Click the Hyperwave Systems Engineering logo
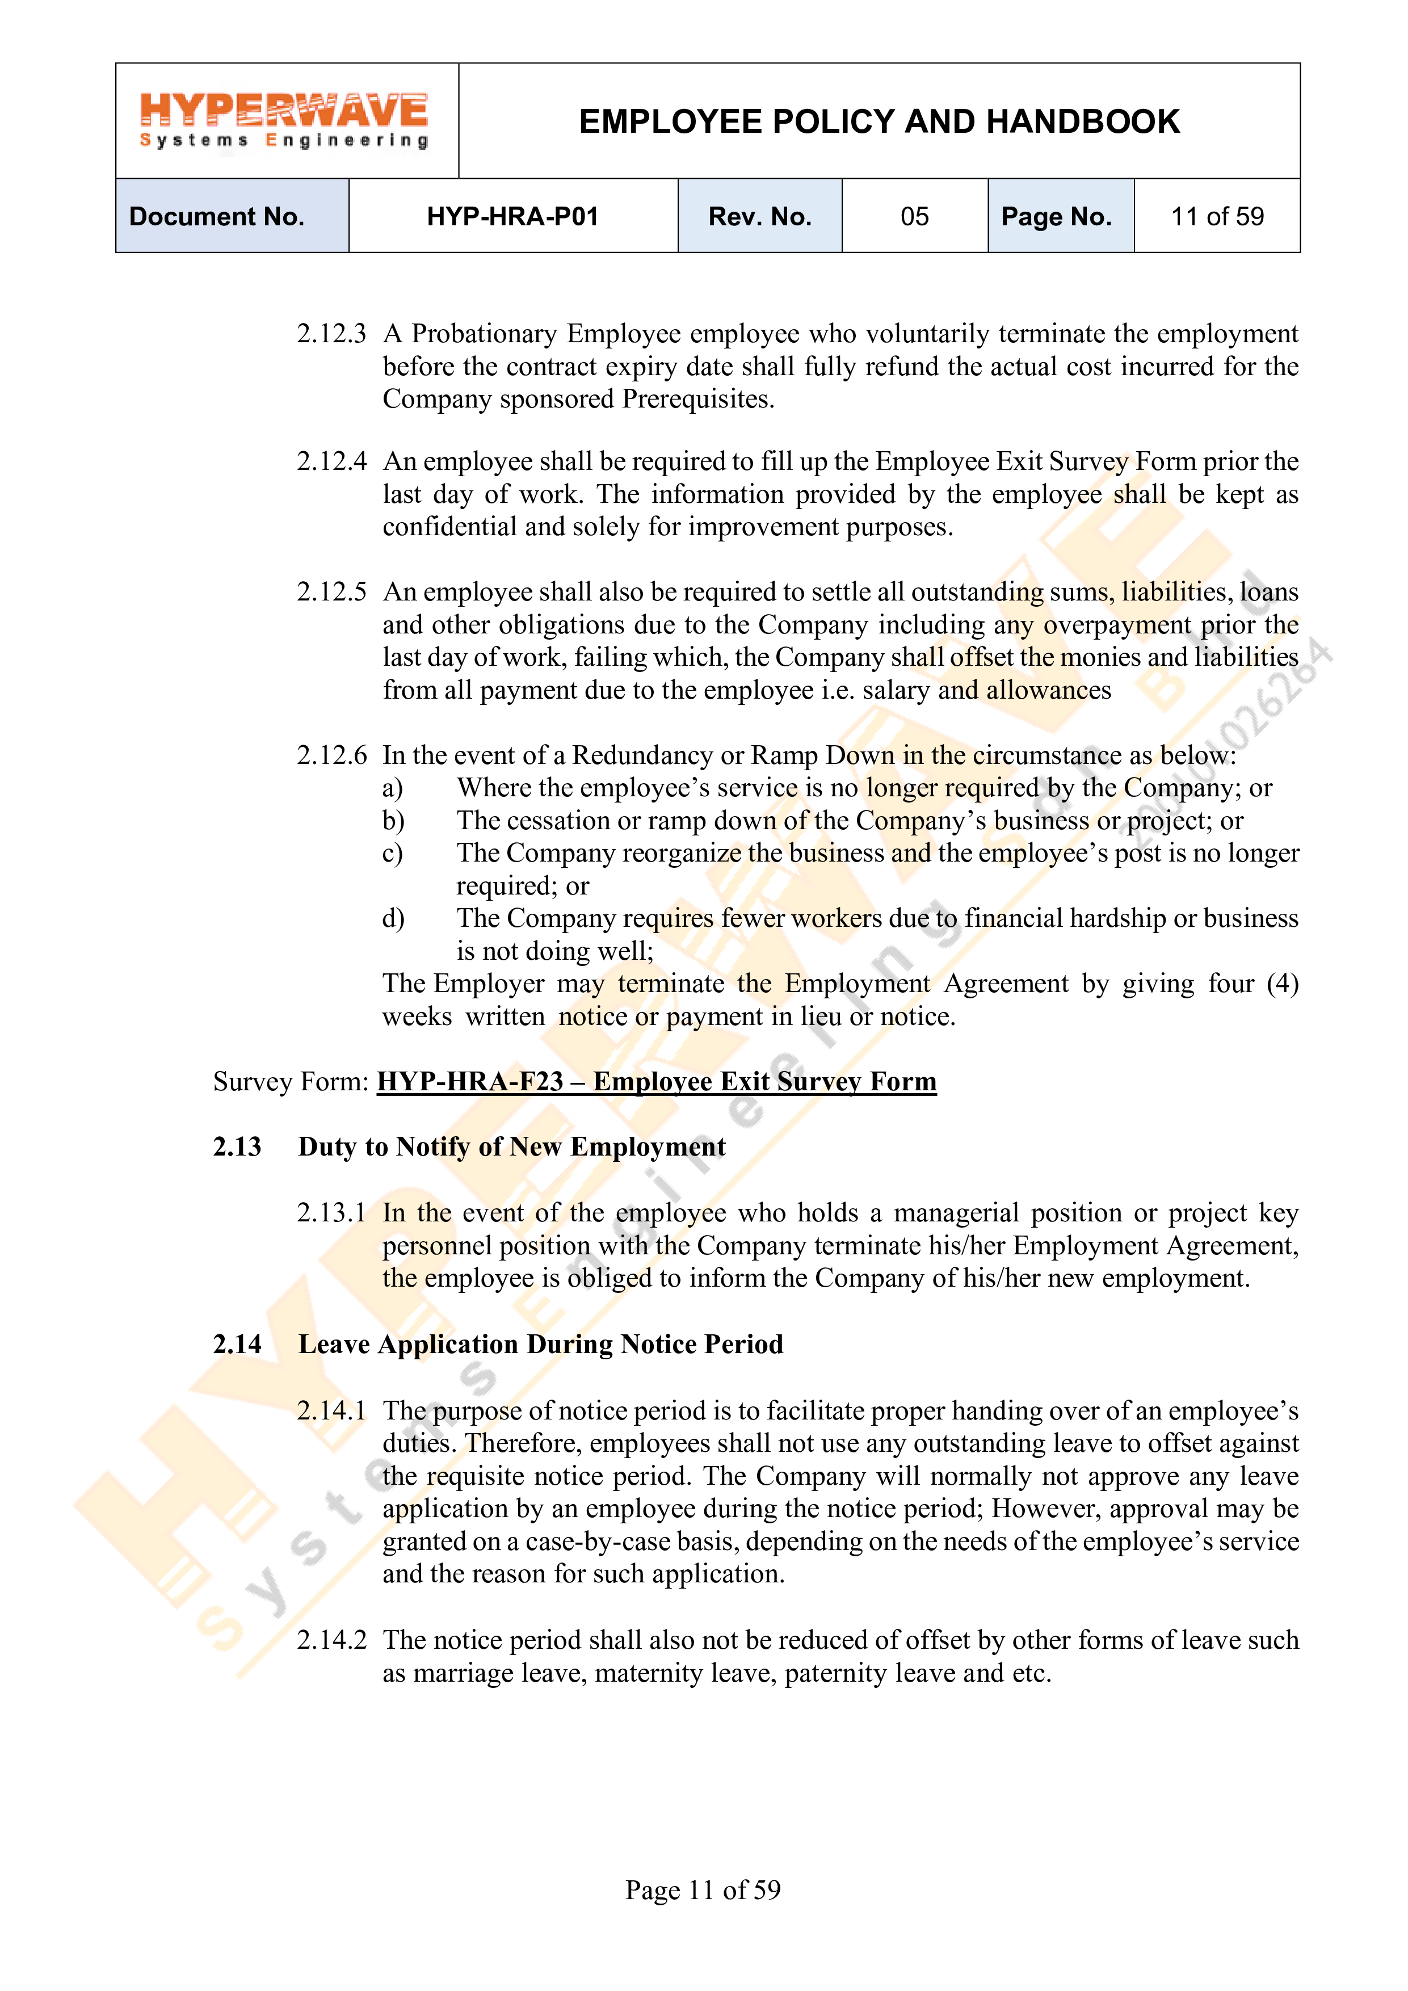(284, 120)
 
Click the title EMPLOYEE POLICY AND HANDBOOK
(879, 121)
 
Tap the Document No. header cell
(217, 216)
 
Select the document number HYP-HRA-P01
(512, 216)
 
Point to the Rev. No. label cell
(759, 216)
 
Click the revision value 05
(915, 216)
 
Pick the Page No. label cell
(1056, 216)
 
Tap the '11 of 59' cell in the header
(1217, 216)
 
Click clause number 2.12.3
(331, 334)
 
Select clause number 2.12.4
(331, 461)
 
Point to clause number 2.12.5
(331, 593)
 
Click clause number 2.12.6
(331, 755)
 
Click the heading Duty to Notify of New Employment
(511, 1146)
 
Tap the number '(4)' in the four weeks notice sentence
(1281, 984)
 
